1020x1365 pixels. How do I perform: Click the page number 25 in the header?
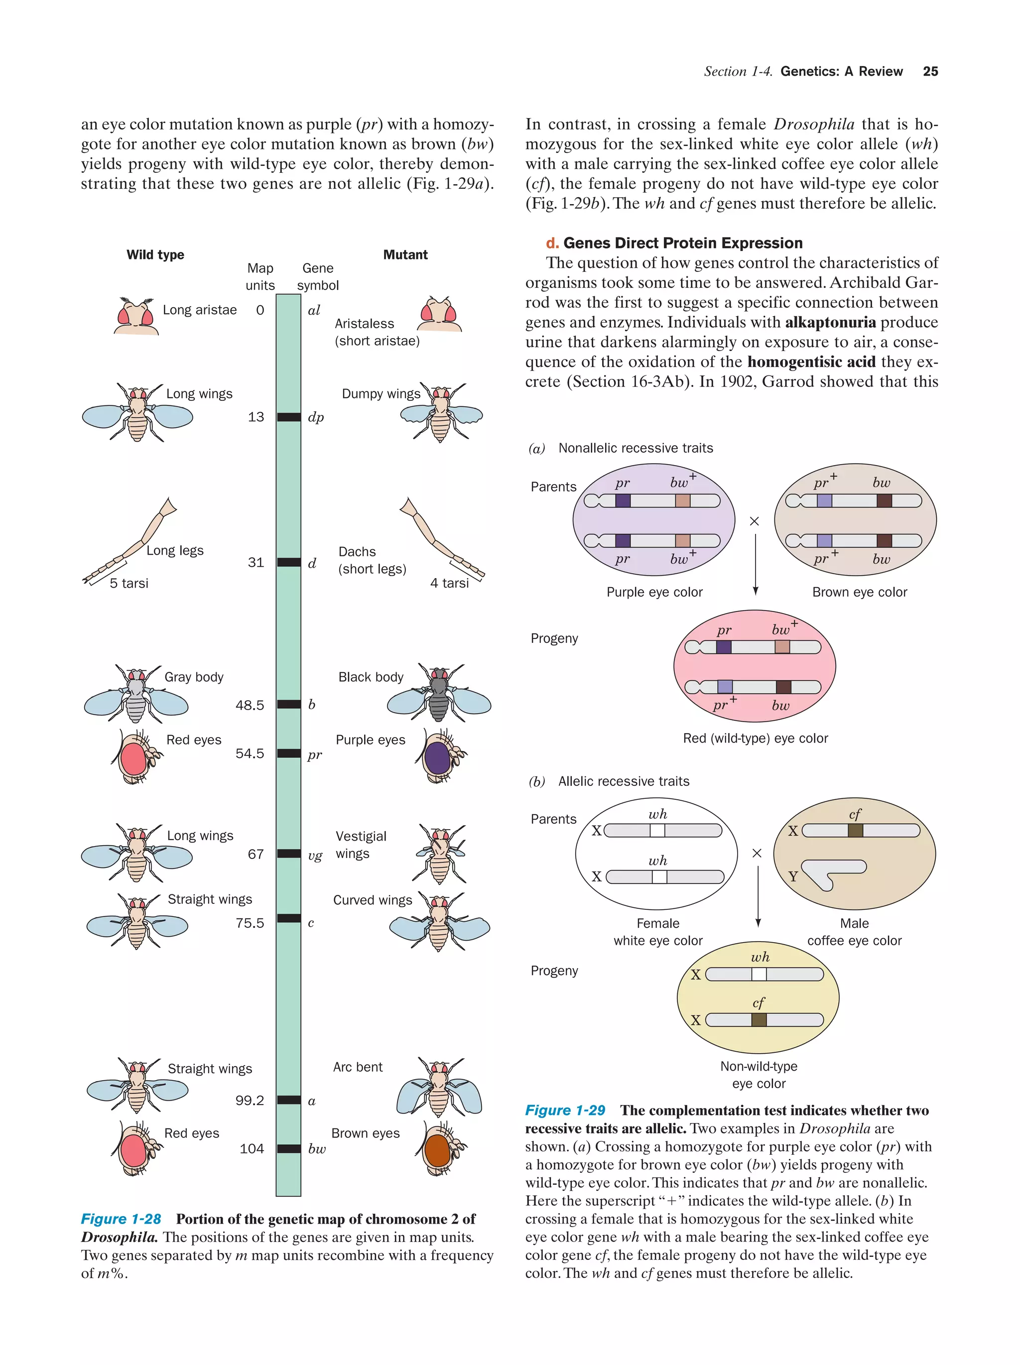tap(930, 72)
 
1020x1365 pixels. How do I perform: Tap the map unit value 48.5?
tap(250, 705)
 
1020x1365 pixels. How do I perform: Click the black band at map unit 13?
tap(288, 417)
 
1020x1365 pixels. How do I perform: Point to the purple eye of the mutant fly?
tap(437, 757)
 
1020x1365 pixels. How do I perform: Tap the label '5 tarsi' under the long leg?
tap(129, 583)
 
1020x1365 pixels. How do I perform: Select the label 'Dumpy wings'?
tap(381, 394)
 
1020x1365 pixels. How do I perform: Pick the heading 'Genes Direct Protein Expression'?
tap(682, 243)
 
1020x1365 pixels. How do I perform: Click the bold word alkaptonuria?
tap(830, 322)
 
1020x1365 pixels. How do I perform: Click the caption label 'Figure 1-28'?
tap(121, 1219)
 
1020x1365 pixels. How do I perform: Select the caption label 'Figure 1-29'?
tap(565, 1110)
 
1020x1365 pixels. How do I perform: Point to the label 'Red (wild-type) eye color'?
tap(755, 738)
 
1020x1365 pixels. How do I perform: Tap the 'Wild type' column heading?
tap(155, 255)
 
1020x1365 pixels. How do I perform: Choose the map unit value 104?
tap(251, 1148)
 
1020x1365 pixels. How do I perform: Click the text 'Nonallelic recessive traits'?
tap(635, 448)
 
